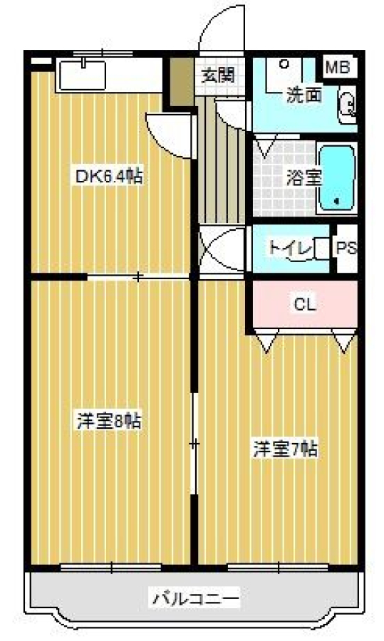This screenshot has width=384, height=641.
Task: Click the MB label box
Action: point(338,67)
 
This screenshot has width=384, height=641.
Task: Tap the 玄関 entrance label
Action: point(219,75)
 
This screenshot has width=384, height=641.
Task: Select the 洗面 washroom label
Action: point(303,95)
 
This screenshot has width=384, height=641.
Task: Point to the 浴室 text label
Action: point(303,177)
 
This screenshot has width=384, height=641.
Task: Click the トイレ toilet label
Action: point(291,247)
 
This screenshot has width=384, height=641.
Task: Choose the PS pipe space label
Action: point(346,248)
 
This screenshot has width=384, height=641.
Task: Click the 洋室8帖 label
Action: point(110,420)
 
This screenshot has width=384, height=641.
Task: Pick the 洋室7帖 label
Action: point(286,449)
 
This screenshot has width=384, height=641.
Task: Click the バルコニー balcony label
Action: point(196,599)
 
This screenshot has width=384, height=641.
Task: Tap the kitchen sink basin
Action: point(83,75)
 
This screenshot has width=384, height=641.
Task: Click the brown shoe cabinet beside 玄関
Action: point(182,82)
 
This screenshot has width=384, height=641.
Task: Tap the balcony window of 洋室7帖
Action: point(278,568)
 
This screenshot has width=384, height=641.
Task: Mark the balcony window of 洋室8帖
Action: point(111,568)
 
